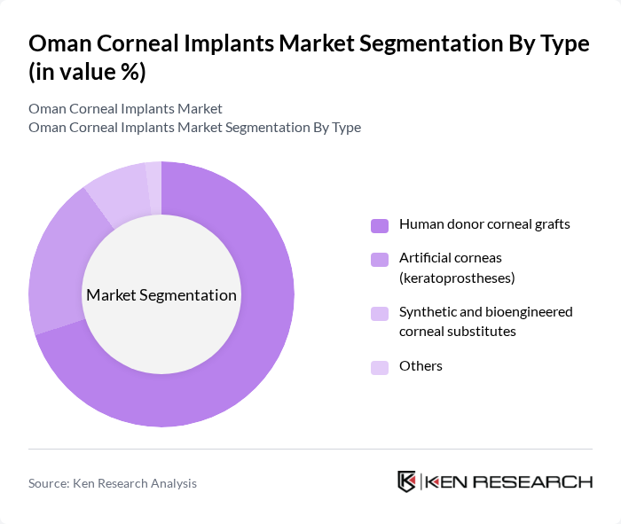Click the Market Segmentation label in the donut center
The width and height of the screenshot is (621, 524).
point(161,295)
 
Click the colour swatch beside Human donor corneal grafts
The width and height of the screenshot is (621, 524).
point(380,225)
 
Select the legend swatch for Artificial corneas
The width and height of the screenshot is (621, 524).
point(380,259)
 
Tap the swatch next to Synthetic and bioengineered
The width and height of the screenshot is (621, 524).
point(380,313)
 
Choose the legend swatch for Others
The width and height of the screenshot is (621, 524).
point(380,367)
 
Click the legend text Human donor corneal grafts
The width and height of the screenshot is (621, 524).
point(484,224)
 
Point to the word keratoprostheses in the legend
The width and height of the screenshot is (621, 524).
point(457,278)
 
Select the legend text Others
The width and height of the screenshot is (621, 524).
point(421,366)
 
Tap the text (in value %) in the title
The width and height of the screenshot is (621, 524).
point(87,73)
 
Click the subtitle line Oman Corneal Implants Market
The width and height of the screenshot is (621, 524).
point(125,109)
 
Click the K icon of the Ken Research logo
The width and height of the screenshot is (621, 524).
point(407,481)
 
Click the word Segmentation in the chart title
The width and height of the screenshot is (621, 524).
point(405,43)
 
